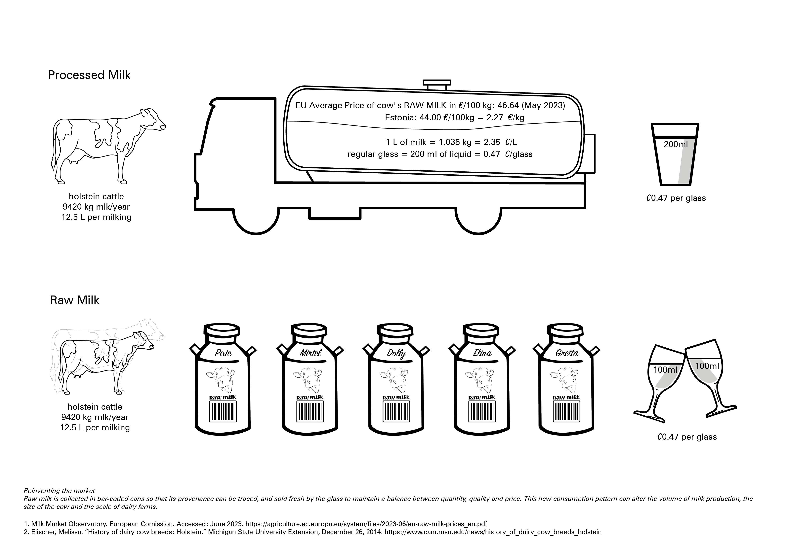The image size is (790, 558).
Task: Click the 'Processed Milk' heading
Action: click(89, 75)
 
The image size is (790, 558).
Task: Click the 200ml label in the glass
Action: click(675, 144)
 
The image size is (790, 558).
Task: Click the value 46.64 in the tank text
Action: click(508, 105)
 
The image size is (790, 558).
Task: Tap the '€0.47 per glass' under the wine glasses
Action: click(686, 437)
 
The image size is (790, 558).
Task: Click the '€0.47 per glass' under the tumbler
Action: click(676, 198)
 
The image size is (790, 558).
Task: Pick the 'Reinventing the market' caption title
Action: click(59, 491)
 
